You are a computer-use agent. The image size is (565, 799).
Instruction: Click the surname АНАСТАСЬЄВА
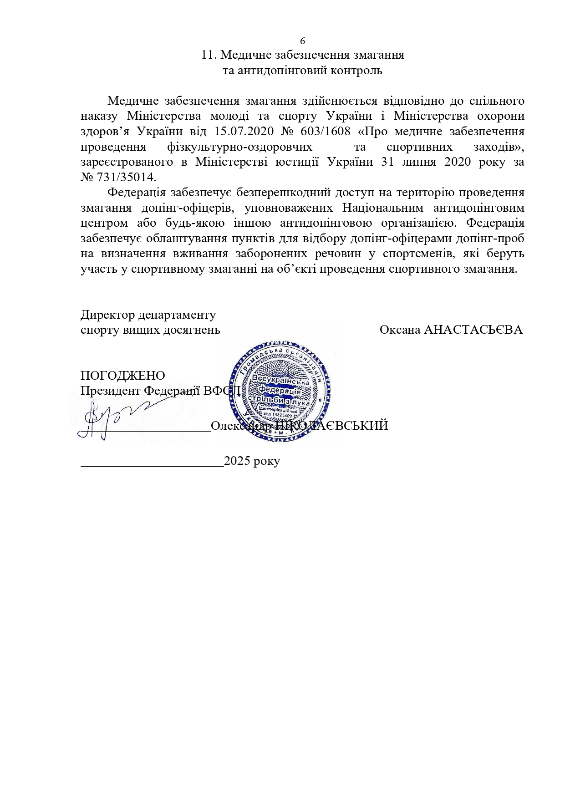(x=473, y=330)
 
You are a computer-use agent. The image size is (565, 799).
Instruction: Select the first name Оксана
(x=399, y=330)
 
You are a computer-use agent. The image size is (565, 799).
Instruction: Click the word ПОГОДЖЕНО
(x=122, y=376)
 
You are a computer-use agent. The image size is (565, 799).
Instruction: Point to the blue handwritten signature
(x=109, y=419)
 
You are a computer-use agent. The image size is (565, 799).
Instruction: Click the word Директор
(x=108, y=315)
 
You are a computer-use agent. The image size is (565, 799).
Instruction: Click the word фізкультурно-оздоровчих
(x=239, y=147)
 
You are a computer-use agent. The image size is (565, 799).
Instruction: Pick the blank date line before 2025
(x=152, y=464)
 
